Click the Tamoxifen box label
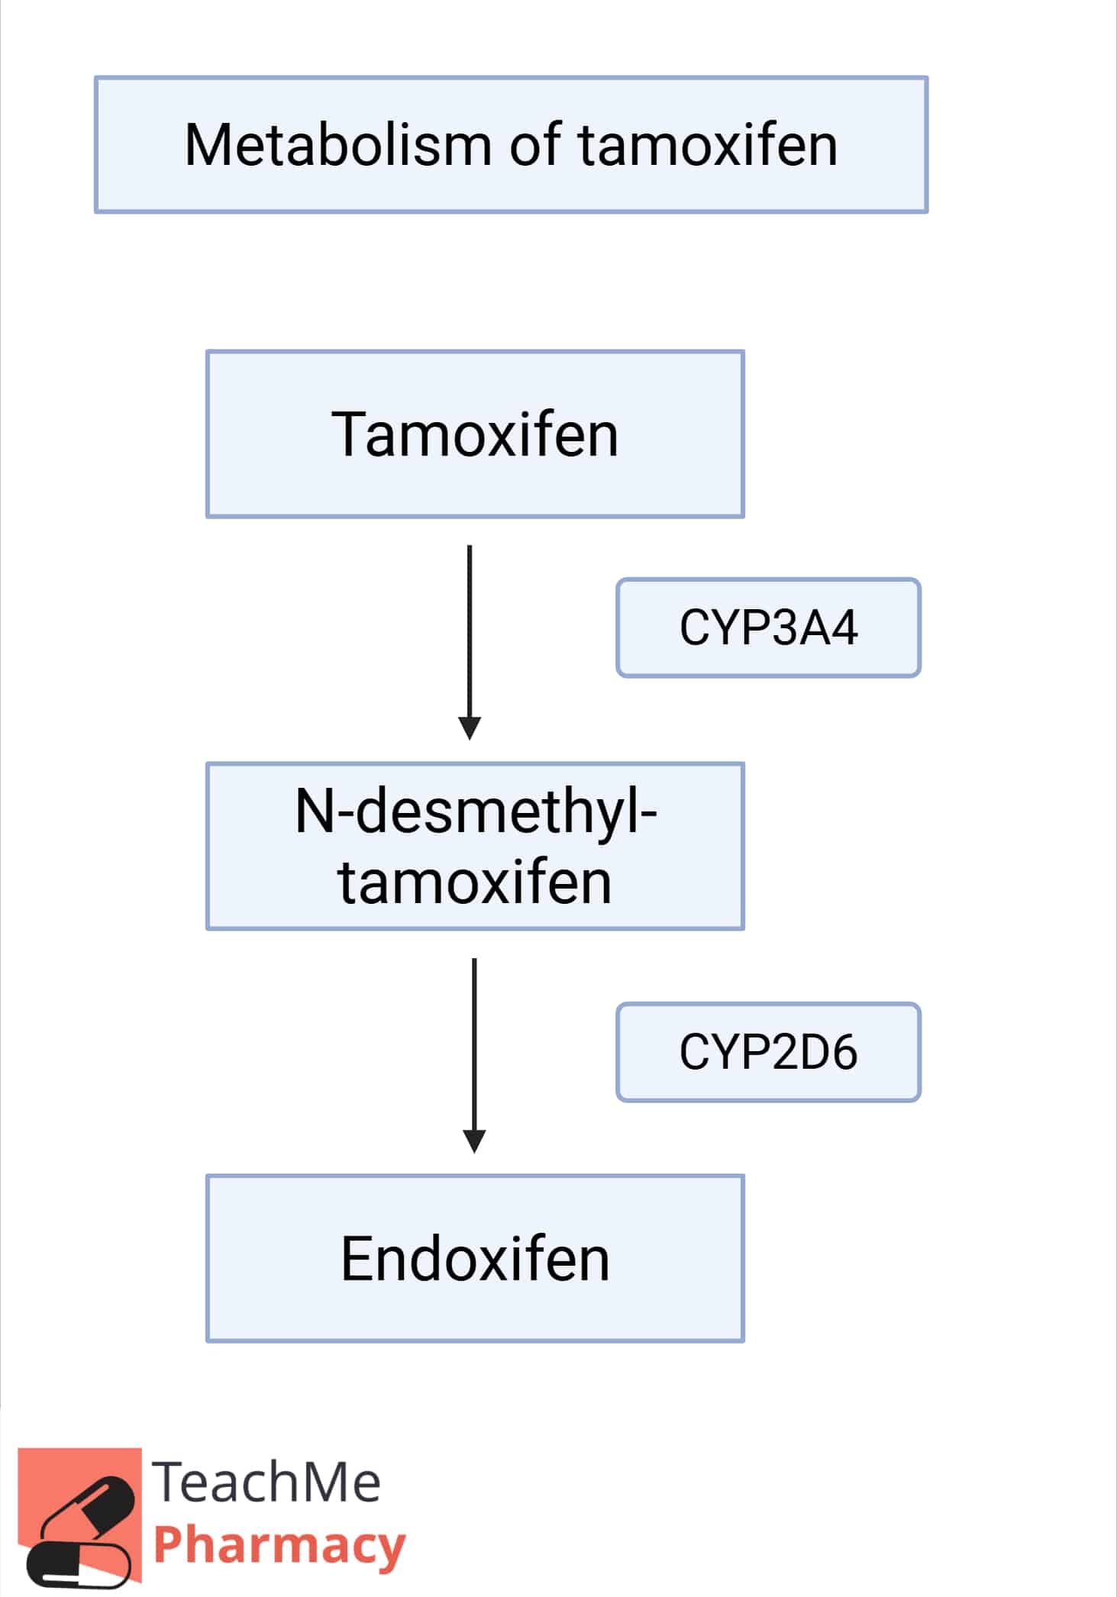click(x=475, y=434)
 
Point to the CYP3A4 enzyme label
click(x=769, y=628)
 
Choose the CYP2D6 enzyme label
click(x=769, y=1052)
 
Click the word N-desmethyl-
click(x=476, y=811)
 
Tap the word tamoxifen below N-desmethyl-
click(x=475, y=882)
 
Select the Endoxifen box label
click(x=475, y=1259)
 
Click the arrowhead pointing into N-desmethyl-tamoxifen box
click(x=470, y=728)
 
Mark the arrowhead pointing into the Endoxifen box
click(x=474, y=1141)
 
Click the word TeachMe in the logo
click(x=266, y=1483)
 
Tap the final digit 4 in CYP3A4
click(x=844, y=628)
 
